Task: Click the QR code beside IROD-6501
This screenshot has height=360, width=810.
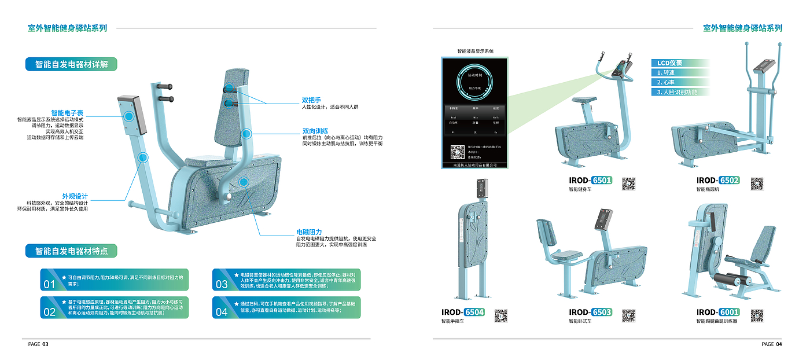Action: click(x=628, y=184)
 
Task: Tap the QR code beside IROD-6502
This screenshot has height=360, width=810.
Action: click(x=757, y=184)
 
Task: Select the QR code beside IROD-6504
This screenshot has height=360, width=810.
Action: click(x=501, y=315)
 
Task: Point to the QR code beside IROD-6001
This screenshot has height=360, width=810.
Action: click(x=757, y=315)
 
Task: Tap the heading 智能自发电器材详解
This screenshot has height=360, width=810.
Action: click(x=72, y=64)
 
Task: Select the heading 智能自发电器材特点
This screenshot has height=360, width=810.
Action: click(x=72, y=251)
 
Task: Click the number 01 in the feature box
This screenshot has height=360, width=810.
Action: click(x=49, y=284)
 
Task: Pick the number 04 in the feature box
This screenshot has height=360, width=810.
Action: click(x=222, y=312)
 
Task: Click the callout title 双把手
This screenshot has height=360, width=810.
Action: click(x=311, y=100)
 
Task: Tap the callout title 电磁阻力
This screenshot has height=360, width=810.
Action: click(x=309, y=232)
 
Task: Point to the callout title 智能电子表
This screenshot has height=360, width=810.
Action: click(x=67, y=113)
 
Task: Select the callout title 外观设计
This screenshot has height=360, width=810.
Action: click(x=75, y=196)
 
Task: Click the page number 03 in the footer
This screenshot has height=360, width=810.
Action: click(x=45, y=344)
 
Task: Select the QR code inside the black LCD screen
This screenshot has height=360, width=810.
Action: click(x=458, y=152)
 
